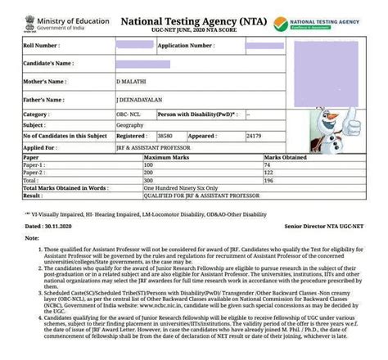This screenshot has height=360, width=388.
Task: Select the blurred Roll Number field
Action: (133, 46)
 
